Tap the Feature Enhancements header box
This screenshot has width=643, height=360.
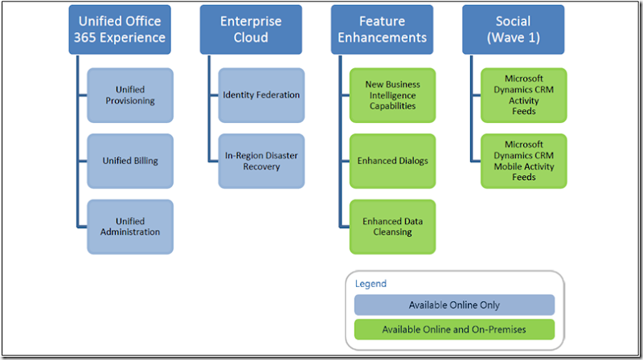381,30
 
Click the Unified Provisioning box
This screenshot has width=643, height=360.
130,95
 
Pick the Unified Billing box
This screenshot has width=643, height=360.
130,161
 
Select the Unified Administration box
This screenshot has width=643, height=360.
130,227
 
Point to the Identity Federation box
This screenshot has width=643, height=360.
261,95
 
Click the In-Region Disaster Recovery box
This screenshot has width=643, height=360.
261,161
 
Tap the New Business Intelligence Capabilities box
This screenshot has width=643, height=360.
392,95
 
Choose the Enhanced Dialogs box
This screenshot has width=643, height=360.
392,161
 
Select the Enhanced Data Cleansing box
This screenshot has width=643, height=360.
392,227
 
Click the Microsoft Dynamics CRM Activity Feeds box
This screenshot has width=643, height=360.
524,95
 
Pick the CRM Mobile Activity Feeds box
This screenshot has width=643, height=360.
524,161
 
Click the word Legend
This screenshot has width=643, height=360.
371,284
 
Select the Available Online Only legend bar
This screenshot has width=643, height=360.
454,305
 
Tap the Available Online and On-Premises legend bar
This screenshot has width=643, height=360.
454,329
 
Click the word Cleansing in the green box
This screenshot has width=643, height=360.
392,232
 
